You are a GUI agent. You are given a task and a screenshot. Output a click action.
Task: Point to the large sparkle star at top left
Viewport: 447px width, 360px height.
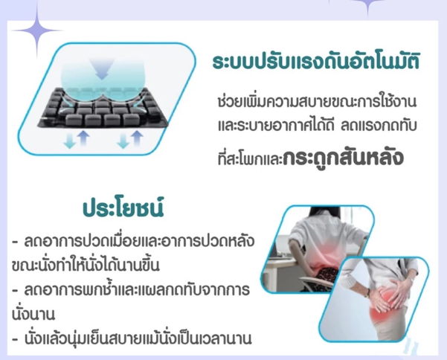click(36, 30)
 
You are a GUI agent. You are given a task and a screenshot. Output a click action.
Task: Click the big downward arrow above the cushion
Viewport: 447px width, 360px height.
click(102, 68)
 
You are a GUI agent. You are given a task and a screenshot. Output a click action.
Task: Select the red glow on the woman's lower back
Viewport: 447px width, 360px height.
click(327, 255)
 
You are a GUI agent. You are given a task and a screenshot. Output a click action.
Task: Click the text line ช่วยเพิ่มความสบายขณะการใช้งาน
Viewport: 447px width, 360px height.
click(317, 101)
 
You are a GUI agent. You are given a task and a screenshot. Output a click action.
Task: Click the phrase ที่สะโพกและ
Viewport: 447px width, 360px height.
click(250, 158)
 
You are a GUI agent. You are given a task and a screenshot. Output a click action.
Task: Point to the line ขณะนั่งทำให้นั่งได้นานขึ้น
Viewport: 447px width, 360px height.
click(85, 266)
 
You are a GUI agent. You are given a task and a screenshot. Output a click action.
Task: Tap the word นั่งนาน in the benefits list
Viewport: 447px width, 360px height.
click(33, 314)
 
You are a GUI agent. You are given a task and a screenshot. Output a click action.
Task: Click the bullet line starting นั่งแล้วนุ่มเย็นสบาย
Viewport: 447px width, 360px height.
click(132, 338)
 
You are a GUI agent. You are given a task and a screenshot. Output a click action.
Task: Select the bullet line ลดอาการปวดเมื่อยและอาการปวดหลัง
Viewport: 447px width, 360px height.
click(133, 241)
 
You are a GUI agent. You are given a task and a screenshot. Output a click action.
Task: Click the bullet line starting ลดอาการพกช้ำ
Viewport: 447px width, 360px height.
click(131, 289)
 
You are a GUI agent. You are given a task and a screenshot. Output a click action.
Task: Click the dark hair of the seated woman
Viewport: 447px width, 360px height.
click(322, 216)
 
